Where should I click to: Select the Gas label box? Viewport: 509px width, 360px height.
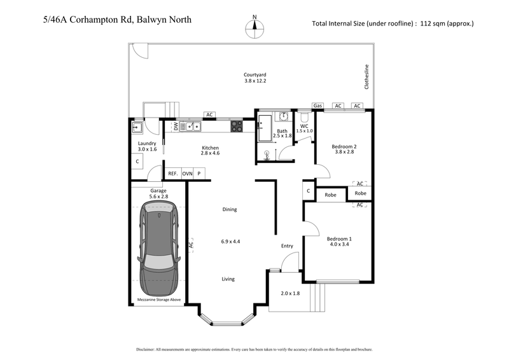pyautogui.click(x=317, y=106)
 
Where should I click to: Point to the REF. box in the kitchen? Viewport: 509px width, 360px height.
pyautogui.click(x=172, y=174)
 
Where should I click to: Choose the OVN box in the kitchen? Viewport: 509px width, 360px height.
pyautogui.click(x=187, y=174)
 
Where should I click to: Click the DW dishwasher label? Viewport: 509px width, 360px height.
pyautogui.click(x=176, y=127)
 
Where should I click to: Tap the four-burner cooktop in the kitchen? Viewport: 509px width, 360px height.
pyautogui.click(x=236, y=126)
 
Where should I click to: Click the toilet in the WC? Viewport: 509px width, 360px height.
pyautogui.click(x=304, y=118)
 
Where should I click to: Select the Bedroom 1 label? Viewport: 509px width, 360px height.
pyautogui.click(x=339, y=239)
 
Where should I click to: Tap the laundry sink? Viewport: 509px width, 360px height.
pyautogui.click(x=137, y=127)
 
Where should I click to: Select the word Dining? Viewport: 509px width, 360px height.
pyautogui.click(x=230, y=209)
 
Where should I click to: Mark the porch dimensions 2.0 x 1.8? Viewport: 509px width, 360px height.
pyautogui.click(x=289, y=293)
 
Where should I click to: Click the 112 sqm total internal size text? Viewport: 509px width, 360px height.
pyautogui.click(x=393, y=24)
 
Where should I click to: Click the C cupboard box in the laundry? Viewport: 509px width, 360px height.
pyautogui.click(x=137, y=162)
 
